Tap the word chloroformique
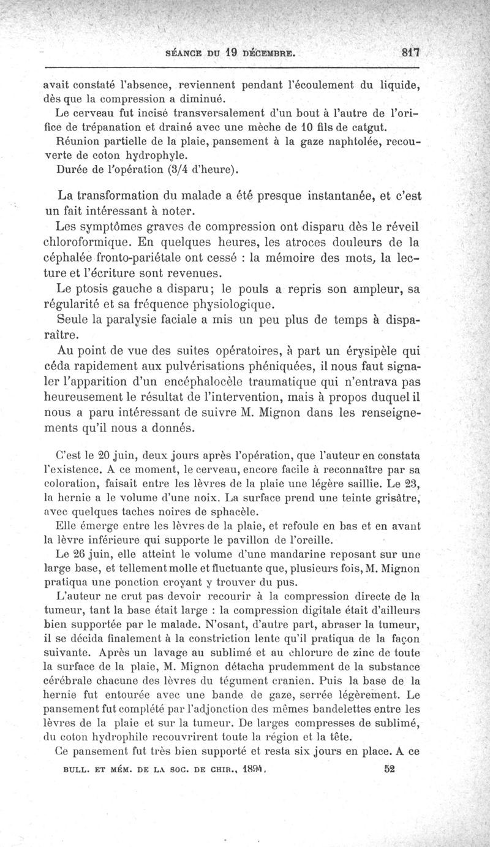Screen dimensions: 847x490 coord(100,241)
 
